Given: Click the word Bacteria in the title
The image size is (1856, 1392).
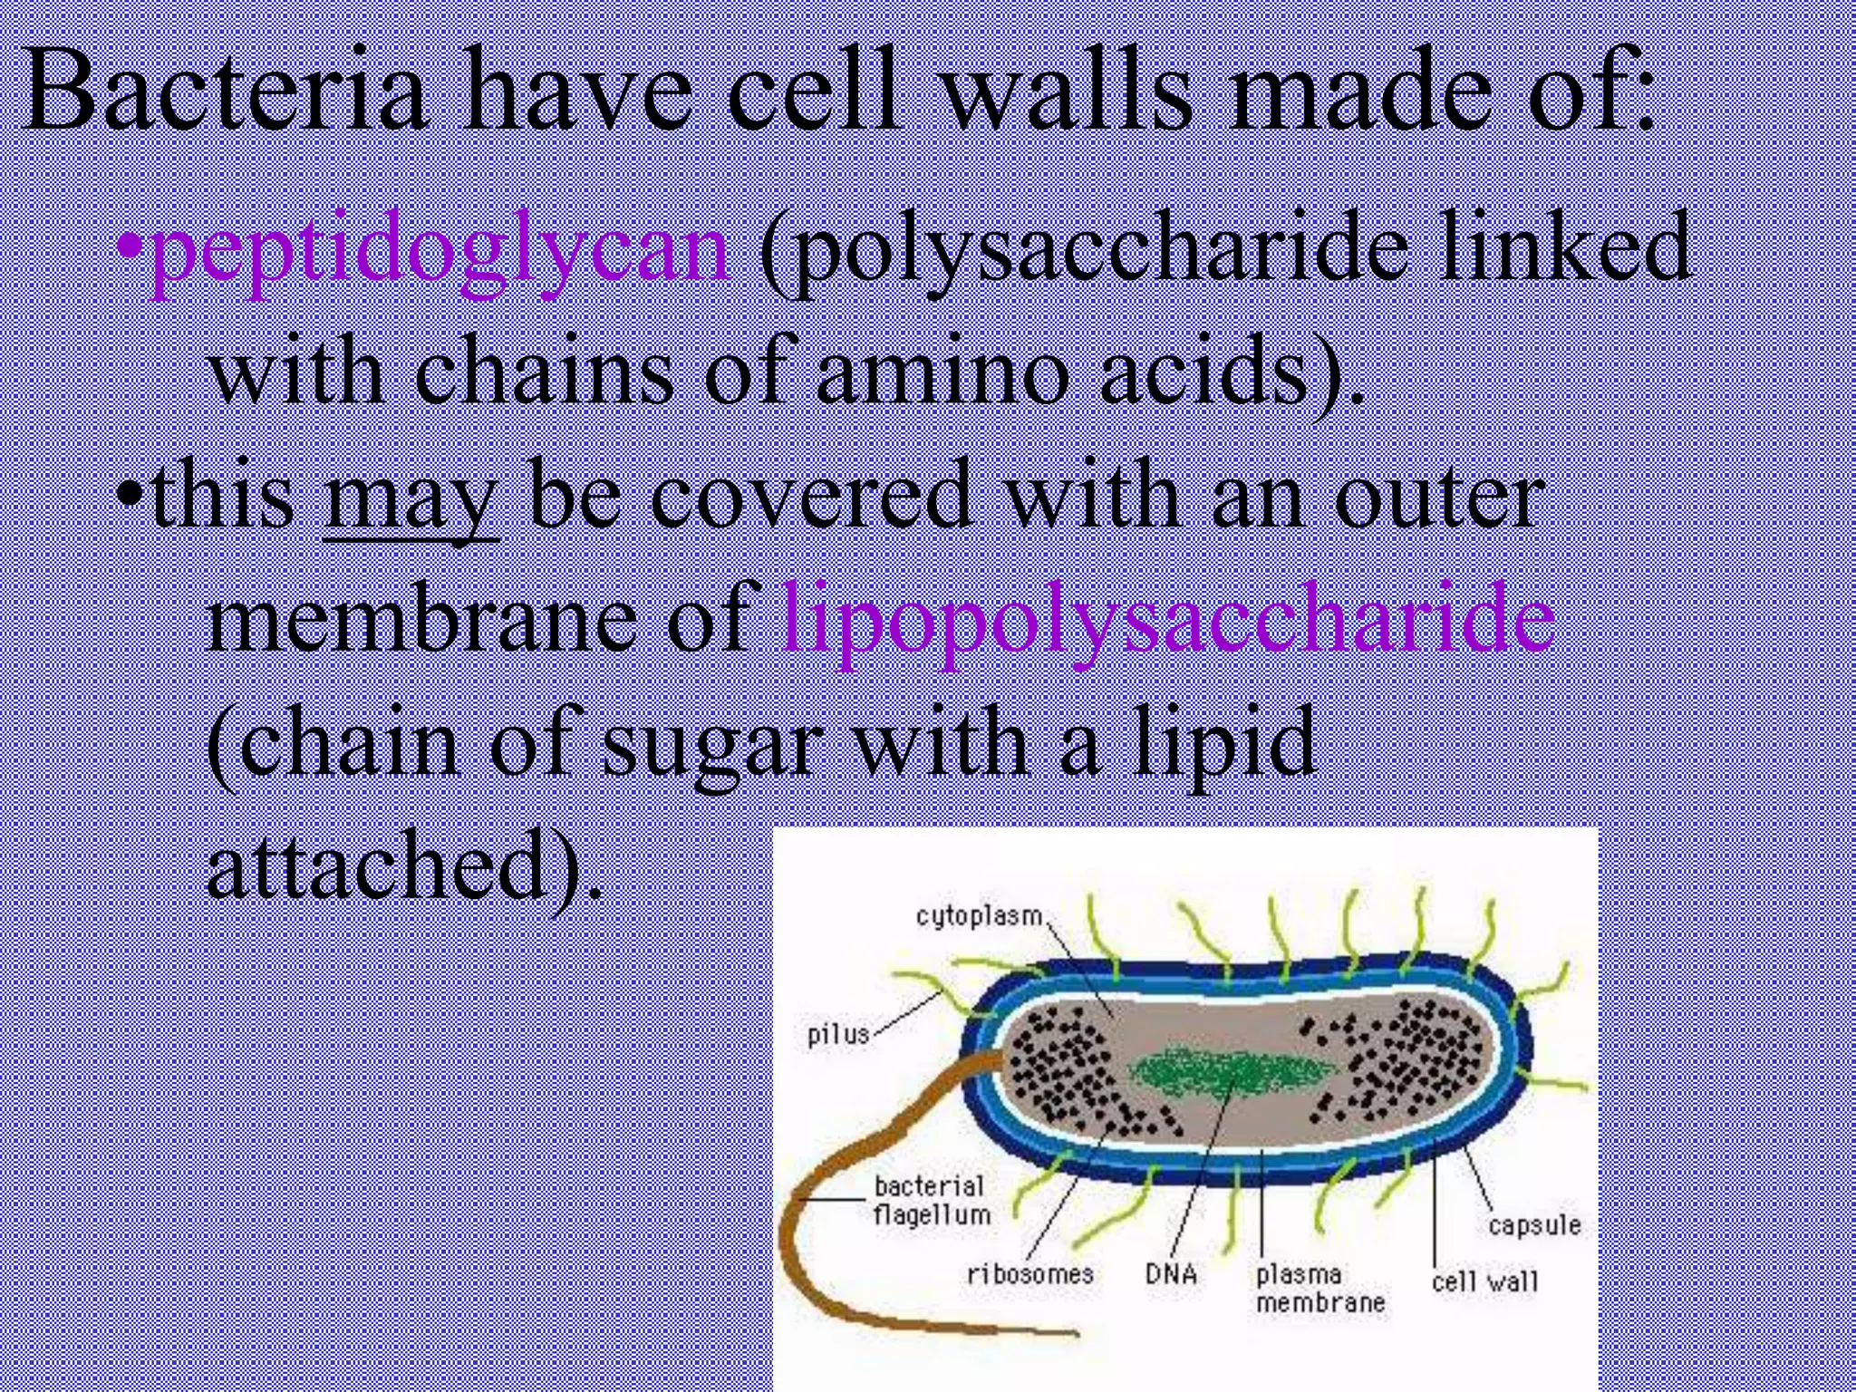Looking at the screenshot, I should [227, 91].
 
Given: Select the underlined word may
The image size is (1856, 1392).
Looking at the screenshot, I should [411, 498].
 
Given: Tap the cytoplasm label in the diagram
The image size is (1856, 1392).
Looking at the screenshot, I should [979, 916].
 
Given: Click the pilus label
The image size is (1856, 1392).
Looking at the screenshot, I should [838, 1034].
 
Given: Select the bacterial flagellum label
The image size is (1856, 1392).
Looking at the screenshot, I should [932, 1200].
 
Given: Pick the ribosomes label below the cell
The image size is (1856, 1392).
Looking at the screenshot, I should [1030, 1274].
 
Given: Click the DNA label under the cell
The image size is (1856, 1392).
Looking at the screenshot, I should [1171, 1274].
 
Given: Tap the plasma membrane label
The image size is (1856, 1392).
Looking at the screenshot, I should [1319, 1289].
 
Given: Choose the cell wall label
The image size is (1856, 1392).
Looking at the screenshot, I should [1484, 1281].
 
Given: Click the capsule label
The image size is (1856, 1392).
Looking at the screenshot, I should [1534, 1225].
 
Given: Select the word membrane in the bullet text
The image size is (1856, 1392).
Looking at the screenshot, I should [421, 621].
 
